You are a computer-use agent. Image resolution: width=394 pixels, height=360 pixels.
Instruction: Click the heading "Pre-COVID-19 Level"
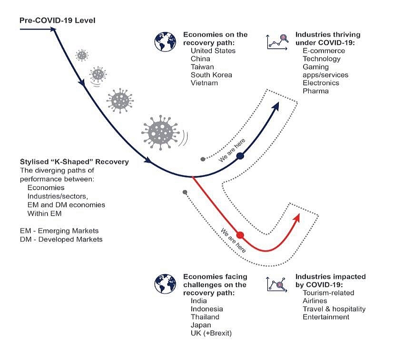point(57,20)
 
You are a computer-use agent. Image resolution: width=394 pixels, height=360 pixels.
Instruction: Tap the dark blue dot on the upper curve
point(240,156)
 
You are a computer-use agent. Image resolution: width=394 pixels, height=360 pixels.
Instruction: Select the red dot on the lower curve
point(240,235)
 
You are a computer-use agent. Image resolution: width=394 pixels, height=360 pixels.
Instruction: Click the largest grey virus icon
point(158,131)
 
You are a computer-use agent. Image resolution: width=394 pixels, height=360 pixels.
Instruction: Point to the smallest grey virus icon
point(82,55)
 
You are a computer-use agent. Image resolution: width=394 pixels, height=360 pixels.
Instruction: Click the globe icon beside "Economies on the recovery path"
point(165,42)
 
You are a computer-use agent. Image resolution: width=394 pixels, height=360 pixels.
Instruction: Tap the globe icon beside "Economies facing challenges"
point(165,283)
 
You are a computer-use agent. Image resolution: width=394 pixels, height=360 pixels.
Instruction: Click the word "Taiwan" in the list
point(202,67)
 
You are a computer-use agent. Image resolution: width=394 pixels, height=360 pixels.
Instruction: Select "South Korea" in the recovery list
point(211,75)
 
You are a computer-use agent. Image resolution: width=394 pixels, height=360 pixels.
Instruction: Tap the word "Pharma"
point(315,90)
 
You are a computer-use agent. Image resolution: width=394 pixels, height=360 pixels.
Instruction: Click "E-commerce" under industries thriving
point(324,50)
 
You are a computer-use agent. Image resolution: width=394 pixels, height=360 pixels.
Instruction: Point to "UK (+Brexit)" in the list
point(211,333)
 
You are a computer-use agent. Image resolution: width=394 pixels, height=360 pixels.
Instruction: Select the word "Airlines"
point(315,301)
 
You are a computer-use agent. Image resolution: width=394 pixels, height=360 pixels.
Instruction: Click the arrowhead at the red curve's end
point(297,217)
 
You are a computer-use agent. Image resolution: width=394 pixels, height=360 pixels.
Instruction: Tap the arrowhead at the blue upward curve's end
point(276,106)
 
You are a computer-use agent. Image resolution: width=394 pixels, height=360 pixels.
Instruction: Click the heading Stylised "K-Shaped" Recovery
point(74,162)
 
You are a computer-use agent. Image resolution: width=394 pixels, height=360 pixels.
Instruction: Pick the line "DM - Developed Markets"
point(61,239)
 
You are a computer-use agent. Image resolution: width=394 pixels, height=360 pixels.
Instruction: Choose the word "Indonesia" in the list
point(207,309)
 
